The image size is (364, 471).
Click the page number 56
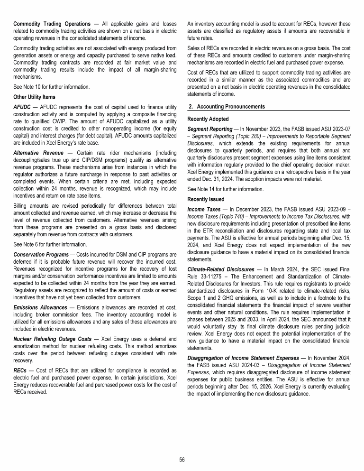182,459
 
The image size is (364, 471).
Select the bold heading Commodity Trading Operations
52,24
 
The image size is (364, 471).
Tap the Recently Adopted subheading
208,119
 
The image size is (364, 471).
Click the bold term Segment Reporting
210,129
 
